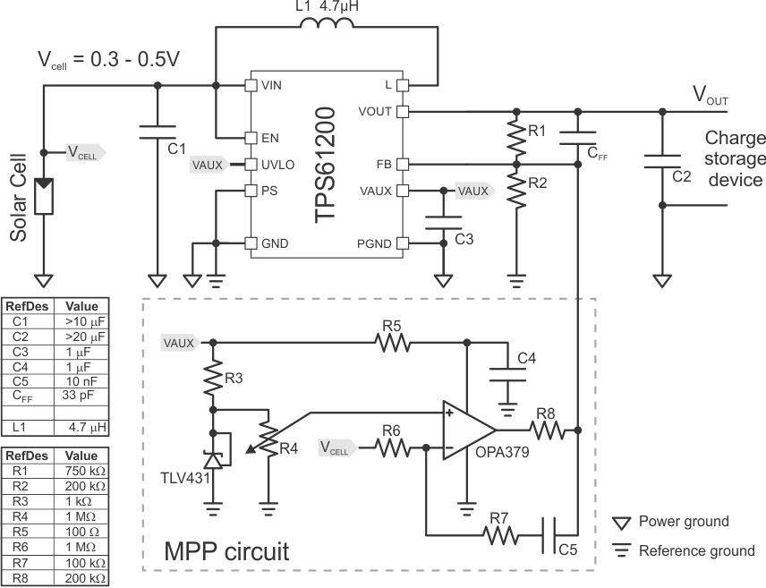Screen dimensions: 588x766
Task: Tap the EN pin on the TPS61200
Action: (251, 139)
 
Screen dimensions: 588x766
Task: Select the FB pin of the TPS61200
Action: (403, 165)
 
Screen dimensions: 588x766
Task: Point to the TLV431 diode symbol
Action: (213, 460)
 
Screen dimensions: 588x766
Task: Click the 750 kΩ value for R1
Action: (88, 469)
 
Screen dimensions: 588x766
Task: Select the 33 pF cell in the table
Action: (88, 393)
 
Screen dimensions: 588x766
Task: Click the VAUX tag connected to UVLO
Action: (210, 165)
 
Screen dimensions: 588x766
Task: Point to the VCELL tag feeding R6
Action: (338, 446)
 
